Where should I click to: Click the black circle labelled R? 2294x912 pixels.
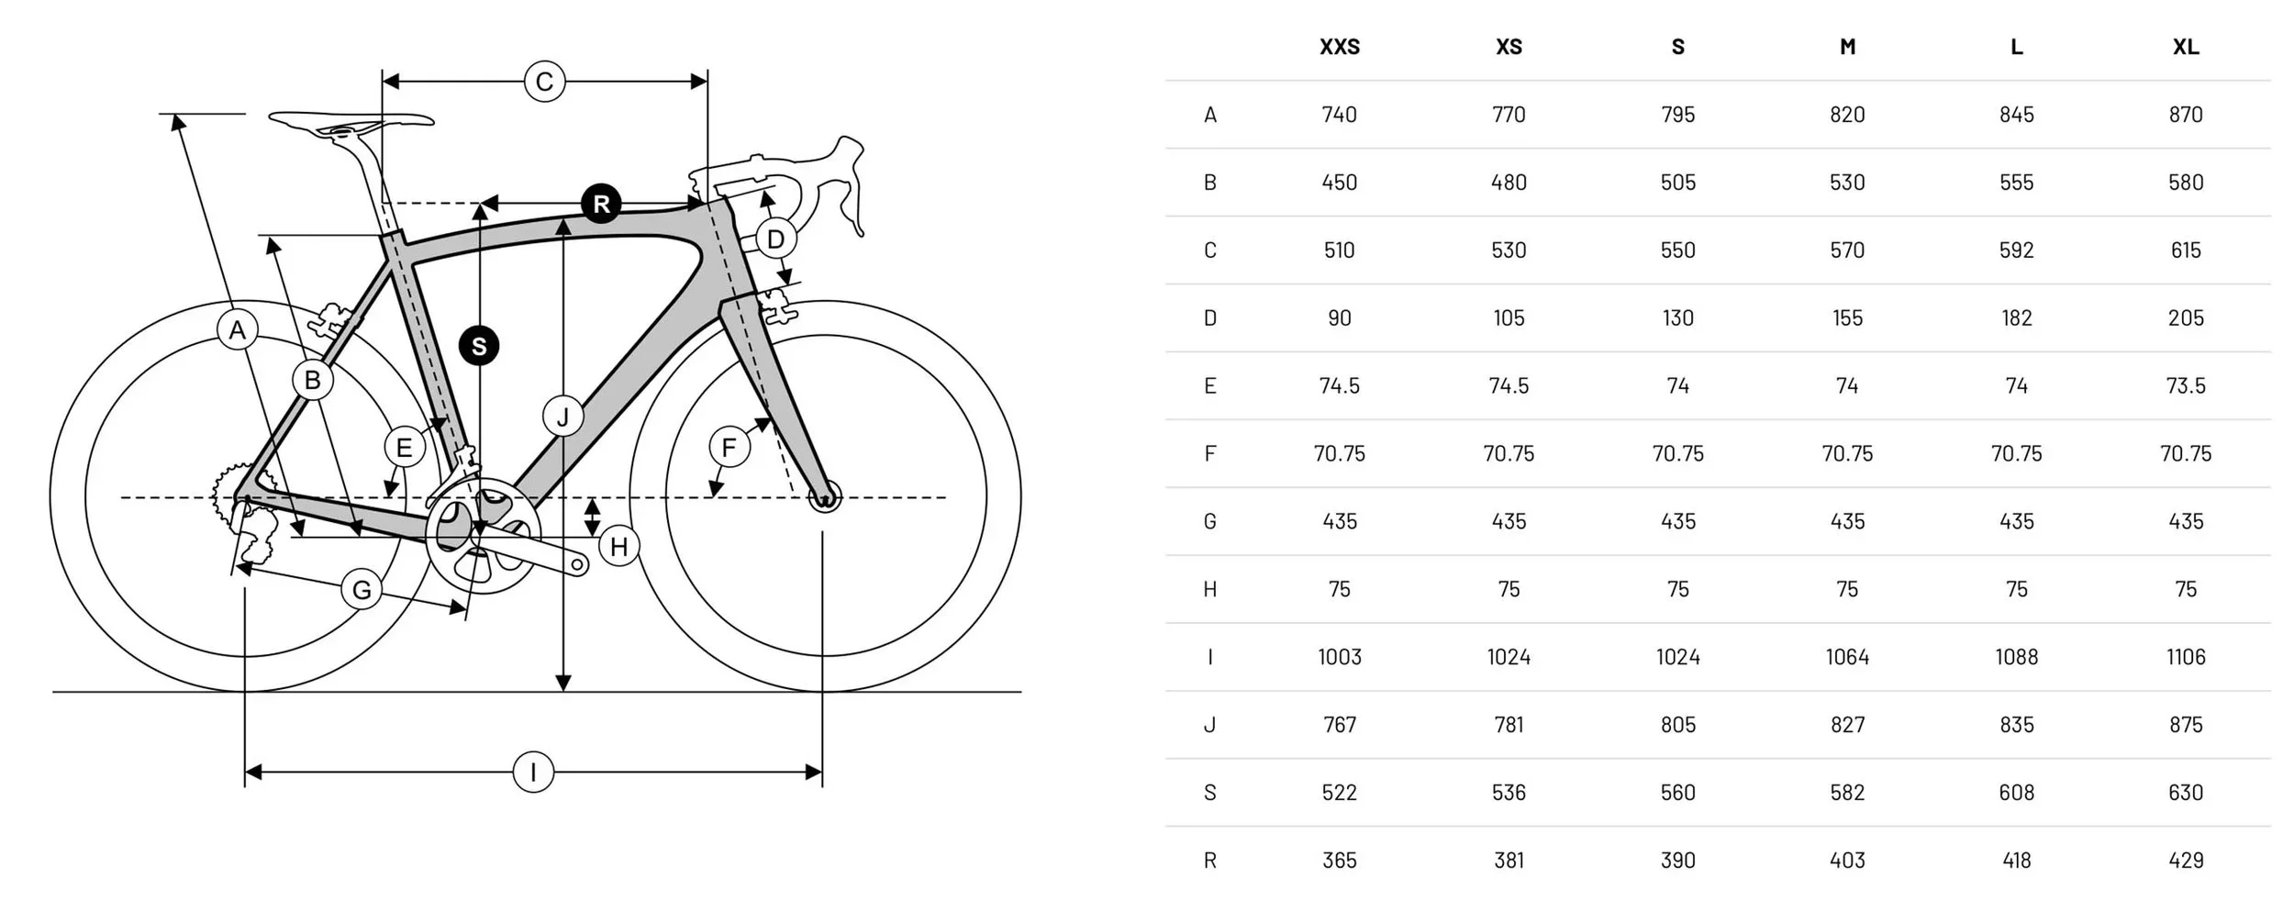point(601,204)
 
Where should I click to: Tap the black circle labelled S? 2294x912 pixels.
point(479,346)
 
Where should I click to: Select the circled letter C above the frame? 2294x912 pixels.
point(544,82)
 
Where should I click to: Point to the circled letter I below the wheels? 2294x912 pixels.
point(533,772)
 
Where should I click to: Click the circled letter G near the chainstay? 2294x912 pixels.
point(362,590)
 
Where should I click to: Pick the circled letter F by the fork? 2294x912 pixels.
point(729,448)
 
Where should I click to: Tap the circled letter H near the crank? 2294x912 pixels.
point(618,547)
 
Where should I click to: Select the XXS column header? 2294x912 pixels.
point(1339,47)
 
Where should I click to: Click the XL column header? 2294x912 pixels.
point(2185,47)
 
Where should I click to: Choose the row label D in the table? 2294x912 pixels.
point(1209,318)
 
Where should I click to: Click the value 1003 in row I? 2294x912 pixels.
point(1339,657)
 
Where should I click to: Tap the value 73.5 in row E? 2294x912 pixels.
point(2185,386)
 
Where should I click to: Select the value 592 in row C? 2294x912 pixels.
point(2016,250)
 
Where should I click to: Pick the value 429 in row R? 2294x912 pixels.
point(2185,861)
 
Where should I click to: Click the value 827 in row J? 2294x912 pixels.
point(1847,725)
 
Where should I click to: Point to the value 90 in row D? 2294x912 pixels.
point(1339,318)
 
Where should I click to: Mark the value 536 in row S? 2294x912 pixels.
point(1509,793)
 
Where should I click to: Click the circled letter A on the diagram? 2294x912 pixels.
point(238,330)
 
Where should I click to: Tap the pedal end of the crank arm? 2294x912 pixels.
point(578,564)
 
